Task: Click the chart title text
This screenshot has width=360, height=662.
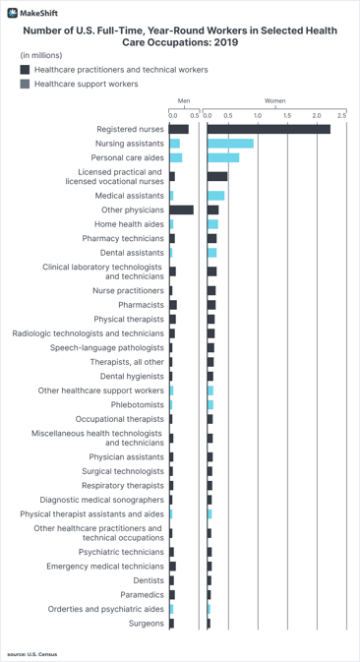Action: (180, 37)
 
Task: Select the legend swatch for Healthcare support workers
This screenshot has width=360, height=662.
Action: (25, 85)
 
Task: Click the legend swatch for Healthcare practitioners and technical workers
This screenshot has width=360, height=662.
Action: (25, 71)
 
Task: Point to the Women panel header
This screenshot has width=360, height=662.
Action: (274, 101)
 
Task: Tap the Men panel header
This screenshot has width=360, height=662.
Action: (183, 101)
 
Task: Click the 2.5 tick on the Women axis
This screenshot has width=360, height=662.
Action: (341, 116)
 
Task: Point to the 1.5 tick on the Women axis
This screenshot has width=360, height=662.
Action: (287, 116)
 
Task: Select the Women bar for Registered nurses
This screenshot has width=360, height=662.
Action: (269, 129)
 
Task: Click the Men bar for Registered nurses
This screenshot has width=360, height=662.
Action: (178, 129)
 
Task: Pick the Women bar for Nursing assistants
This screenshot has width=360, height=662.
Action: (230, 144)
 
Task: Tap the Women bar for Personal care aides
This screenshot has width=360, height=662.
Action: (222, 157)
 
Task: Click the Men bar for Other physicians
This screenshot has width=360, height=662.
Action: (181, 210)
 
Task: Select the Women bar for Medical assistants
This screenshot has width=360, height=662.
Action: (215, 196)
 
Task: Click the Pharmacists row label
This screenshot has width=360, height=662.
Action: (141, 305)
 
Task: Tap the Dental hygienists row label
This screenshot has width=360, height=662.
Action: (132, 376)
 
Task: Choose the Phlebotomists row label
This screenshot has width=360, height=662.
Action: (138, 404)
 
